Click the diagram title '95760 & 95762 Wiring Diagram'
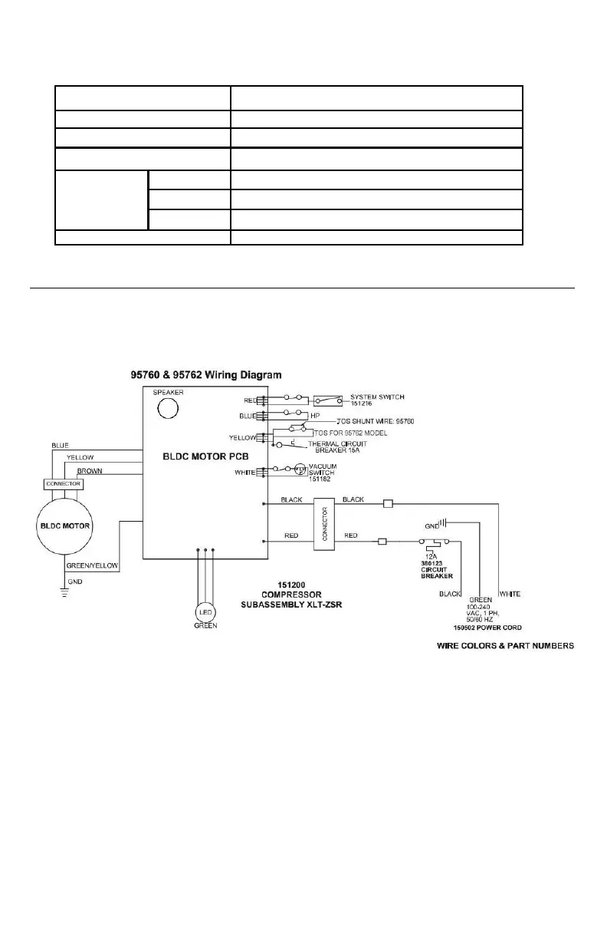[x=206, y=375]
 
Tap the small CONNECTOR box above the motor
[x=64, y=485]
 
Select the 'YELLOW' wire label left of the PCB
[x=80, y=457]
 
